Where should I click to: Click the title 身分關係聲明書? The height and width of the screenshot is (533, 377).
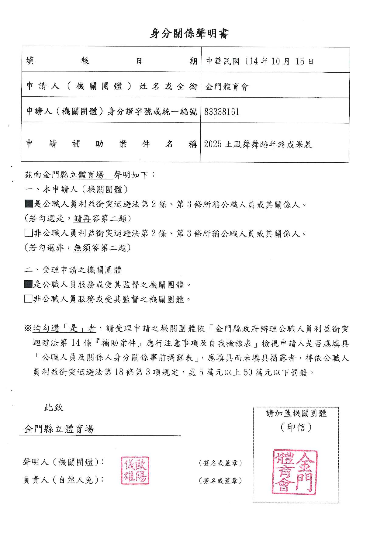(x=188, y=34)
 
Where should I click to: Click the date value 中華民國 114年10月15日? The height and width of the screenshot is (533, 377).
(x=260, y=61)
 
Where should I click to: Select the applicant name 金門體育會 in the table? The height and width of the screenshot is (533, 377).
(x=227, y=87)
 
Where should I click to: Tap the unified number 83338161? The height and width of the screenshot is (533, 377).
(x=222, y=112)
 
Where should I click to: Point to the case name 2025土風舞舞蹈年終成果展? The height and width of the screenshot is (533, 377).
(x=258, y=144)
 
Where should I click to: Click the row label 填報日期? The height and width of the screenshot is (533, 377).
(x=111, y=61)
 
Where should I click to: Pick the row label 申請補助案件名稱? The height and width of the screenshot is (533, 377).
(x=111, y=144)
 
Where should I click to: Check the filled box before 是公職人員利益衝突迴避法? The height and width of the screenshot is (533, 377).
(x=29, y=204)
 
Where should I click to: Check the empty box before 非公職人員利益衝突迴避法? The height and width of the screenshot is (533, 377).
(x=29, y=233)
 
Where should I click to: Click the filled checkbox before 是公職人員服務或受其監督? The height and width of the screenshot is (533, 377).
(x=28, y=284)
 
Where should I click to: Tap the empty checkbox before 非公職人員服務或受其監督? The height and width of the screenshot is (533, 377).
(x=28, y=299)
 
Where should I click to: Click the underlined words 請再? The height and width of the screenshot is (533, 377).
(x=82, y=218)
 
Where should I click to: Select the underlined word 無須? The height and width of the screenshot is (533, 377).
(x=82, y=248)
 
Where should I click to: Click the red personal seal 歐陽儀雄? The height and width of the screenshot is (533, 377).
(x=135, y=470)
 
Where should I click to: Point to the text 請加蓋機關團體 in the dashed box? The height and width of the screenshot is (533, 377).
(x=296, y=414)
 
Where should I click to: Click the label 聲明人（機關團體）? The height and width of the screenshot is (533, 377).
(x=63, y=462)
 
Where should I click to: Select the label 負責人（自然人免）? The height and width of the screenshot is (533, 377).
(x=63, y=479)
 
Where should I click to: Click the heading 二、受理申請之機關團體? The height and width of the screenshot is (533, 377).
(x=73, y=270)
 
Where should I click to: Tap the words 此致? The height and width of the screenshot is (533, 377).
(x=54, y=407)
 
